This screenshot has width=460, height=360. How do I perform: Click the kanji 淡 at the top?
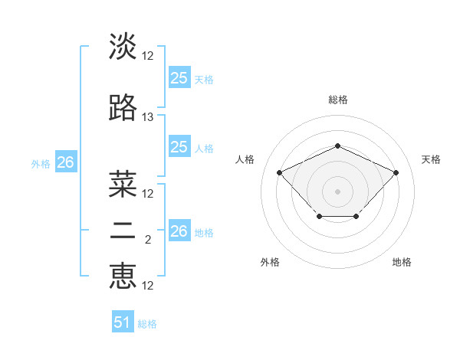[123, 46]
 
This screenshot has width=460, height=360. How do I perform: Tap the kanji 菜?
[123, 184]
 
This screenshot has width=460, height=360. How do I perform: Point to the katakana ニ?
[123, 234]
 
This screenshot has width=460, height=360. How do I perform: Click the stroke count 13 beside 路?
[148, 117]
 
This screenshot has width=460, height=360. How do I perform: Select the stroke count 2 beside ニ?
[148, 240]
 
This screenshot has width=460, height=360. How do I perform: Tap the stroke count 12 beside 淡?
[148, 56]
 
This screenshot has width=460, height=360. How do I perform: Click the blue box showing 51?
[123, 322]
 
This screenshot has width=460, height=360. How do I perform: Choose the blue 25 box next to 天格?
[179, 77]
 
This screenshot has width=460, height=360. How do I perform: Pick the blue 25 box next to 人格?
[179, 147]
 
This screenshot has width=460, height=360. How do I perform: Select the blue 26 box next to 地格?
[179, 231]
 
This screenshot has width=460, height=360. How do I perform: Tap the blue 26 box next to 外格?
[65, 162]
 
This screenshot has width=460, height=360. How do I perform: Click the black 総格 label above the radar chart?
[337, 100]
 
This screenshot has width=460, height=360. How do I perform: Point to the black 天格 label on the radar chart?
[431, 159]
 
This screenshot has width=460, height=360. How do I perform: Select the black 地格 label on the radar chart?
[402, 262]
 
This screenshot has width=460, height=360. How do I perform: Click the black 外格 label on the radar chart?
[270, 262]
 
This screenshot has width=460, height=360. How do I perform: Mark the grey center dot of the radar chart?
[337, 191]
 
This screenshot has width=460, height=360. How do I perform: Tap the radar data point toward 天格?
[396, 172]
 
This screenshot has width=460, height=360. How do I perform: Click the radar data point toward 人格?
[280, 172]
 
